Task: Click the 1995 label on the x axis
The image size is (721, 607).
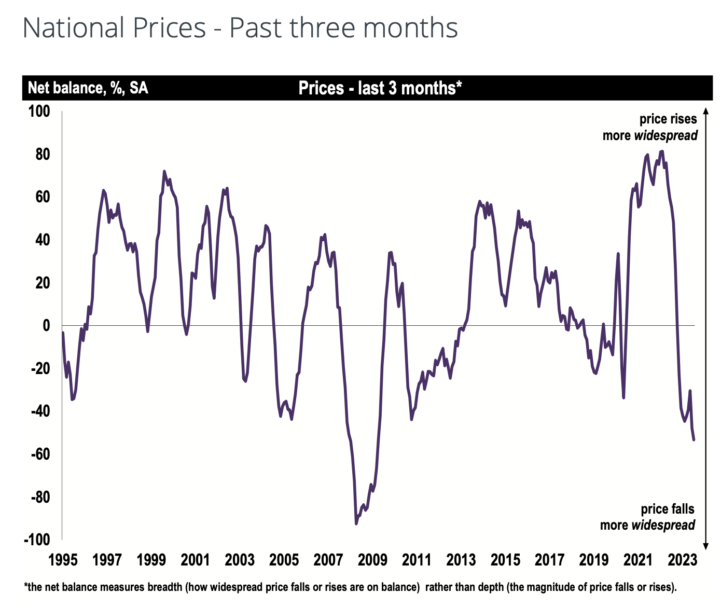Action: [62, 560]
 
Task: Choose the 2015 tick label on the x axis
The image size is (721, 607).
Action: [505, 560]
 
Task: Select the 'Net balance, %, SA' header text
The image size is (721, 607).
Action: [88, 88]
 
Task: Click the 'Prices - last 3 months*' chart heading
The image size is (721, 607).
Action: [380, 88]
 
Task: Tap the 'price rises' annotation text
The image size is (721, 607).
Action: [668, 119]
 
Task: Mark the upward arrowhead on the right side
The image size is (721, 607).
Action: [705, 111]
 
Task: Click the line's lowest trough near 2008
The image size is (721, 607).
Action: [356, 523]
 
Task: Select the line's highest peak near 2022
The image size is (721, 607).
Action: [662, 151]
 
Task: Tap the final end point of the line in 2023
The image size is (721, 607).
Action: [694, 439]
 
